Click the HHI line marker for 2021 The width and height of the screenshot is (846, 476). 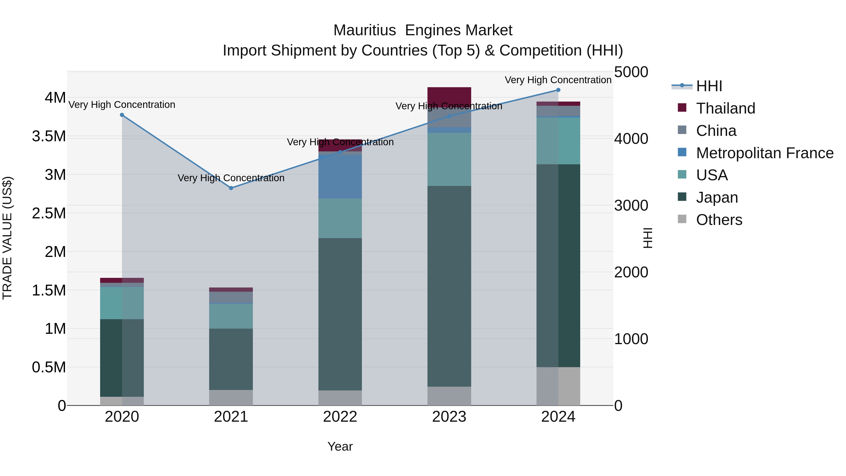231,188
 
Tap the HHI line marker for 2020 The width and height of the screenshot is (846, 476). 122,115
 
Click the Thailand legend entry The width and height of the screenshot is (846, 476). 725,108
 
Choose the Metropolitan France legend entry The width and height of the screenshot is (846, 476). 764,153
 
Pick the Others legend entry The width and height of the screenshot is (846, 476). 719,220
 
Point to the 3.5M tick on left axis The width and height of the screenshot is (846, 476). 49,136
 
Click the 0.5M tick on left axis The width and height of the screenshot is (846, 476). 49,367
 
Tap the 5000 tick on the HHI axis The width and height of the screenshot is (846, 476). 631,72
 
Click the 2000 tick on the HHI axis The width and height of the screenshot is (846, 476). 631,272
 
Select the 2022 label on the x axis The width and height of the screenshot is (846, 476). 340,417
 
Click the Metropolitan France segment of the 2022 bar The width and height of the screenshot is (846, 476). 340,177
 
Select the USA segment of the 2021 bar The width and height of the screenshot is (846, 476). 231,316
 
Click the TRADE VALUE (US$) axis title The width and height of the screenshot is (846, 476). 7,238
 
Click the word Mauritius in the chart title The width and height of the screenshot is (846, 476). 364,31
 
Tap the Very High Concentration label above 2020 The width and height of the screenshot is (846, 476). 122,105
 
